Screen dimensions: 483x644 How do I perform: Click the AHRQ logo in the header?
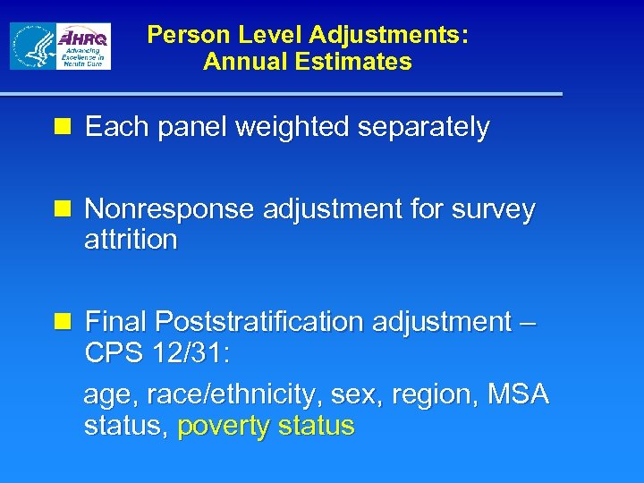[x=83, y=47]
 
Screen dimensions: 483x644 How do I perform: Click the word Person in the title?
[x=182, y=35]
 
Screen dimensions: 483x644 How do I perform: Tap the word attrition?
[x=131, y=240]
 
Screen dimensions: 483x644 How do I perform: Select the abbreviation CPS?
[x=113, y=352]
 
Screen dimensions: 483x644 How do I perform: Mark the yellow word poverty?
[x=224, y=426]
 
